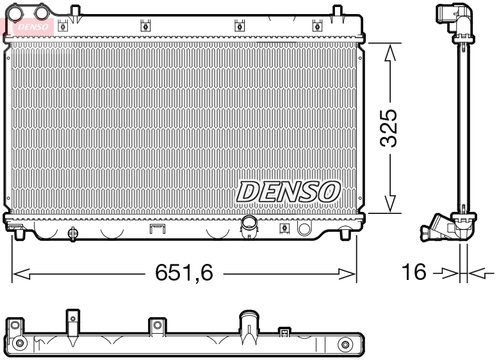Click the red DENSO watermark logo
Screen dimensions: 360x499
click(x=32, y=26)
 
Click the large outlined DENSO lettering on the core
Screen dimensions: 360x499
click(x=288, y=191)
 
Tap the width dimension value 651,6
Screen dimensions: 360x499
click(x=184, y=274)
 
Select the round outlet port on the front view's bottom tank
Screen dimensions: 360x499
click(x=249, y=223)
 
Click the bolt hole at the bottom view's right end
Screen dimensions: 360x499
click(x=347, y=345)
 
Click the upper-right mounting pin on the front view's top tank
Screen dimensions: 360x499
click(x=337, y=11)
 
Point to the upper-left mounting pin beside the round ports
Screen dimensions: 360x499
click(x=76, y=11)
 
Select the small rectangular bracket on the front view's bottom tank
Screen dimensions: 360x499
click(x=157, y=229)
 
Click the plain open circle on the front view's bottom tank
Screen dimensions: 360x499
click(x=304, y=228)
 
